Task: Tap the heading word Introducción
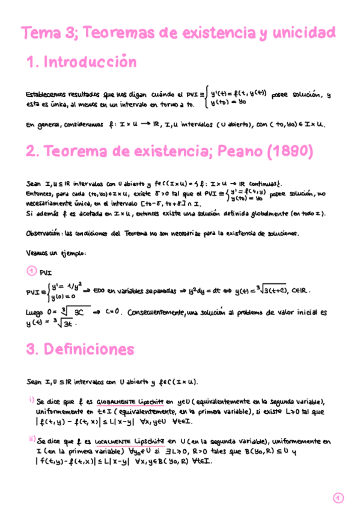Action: click(90, 62)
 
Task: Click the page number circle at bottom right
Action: click(338, 497)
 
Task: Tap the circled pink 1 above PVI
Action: click(34, 271)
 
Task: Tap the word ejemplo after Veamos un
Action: click(73, 253)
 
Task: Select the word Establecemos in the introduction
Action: click(46, 94)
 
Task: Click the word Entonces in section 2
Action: click(43, 194)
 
